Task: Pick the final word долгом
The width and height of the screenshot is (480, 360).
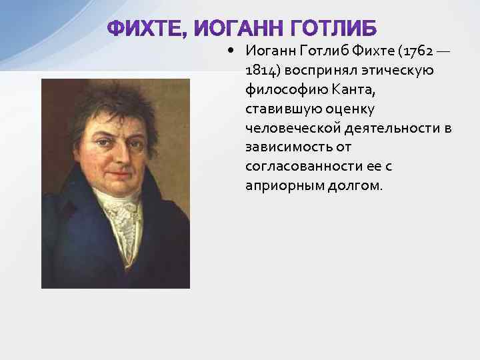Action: [355, 185]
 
